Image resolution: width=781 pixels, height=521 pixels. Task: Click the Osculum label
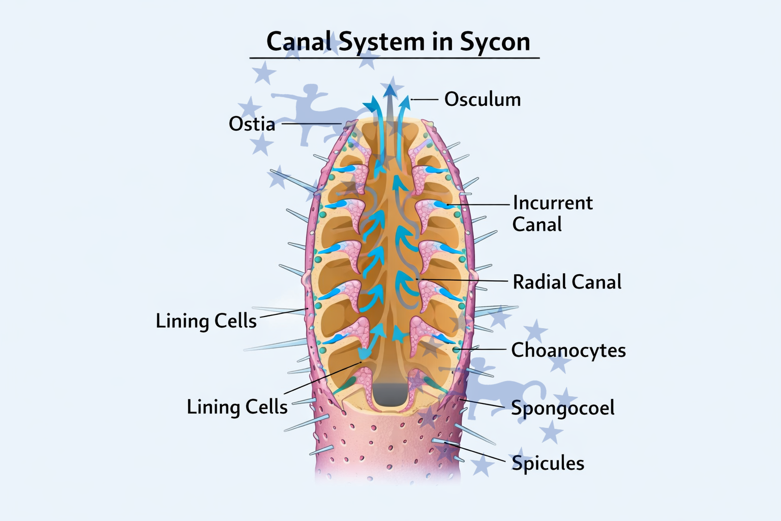point(483,99)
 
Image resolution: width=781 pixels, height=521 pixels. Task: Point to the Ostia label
point(252,124)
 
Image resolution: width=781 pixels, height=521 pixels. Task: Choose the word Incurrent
point(553,203)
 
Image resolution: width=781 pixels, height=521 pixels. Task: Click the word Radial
point(538,282)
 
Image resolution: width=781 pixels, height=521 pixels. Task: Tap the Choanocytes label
point(568,350)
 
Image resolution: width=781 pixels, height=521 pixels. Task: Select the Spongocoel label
point(563,408)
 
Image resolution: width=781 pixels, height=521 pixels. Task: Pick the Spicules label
point(548,463)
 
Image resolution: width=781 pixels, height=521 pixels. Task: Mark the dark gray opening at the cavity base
point(390,394)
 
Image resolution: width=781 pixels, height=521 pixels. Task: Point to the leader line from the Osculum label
point(425,99)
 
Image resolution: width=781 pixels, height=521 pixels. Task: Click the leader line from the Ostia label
point(310,124)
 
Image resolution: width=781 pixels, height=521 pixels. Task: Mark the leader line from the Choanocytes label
point(480,350)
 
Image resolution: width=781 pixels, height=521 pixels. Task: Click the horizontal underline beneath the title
point(395,58)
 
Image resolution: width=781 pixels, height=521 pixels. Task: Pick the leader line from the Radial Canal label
point(463,280)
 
